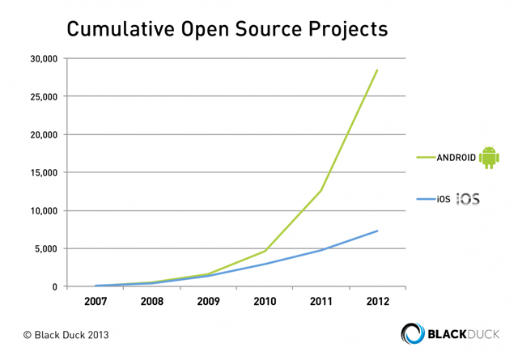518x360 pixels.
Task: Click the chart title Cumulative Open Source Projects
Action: tap(227, 29)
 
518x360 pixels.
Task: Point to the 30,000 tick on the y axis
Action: tap(44, 59)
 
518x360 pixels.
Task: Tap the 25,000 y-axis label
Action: tap(44, 97)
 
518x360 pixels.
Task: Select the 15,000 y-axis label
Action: tap(44, 173)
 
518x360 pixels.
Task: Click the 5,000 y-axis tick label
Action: tap(46, 248)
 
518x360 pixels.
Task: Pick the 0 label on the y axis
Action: tap(54, 286)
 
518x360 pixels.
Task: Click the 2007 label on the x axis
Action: tap(96, 301)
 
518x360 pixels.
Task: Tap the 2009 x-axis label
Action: tap(208, 301)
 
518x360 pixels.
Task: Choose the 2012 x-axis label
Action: tap(378, 301)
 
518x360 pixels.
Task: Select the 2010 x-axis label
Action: tap(265, 301)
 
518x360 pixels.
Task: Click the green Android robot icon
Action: tap(489, 157)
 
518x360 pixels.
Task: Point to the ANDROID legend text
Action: tap(456, 158)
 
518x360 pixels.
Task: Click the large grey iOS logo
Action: tap(468, 199)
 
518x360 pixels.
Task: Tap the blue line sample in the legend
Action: tap(427, 199)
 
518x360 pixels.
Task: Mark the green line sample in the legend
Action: tap(427, 158)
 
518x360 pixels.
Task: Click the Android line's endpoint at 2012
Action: tap(377, 70)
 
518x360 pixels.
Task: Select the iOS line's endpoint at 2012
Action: tap(377, 231)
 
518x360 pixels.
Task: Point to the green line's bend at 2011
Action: tap(321, 190)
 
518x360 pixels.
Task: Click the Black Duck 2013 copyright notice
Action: tap(66, 335)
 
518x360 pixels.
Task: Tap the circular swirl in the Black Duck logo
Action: tap(413, 333)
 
